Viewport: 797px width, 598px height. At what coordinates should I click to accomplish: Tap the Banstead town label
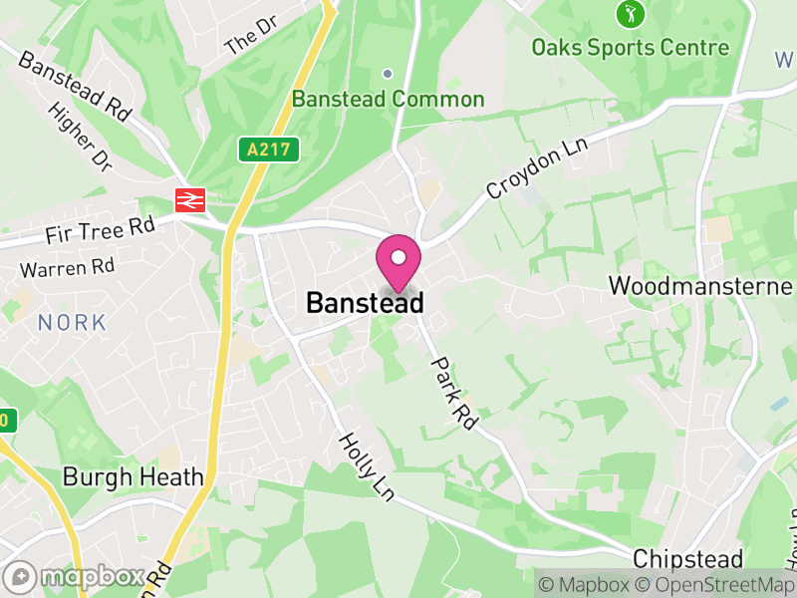365,303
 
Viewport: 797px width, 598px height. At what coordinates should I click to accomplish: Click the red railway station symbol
189,199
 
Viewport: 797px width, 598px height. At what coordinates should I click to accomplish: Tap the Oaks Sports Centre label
630,47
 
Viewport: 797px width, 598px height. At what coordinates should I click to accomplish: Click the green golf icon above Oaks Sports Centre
631,14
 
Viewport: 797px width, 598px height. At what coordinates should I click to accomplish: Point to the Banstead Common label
388,100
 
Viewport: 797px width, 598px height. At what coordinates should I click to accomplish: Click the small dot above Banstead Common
388,73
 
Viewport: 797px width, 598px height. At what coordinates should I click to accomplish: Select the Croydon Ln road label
538,167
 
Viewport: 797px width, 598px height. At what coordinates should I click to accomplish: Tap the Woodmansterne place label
699,287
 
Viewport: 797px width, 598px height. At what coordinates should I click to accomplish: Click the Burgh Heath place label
133,476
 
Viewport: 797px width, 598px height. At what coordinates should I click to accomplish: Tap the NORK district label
72,322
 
